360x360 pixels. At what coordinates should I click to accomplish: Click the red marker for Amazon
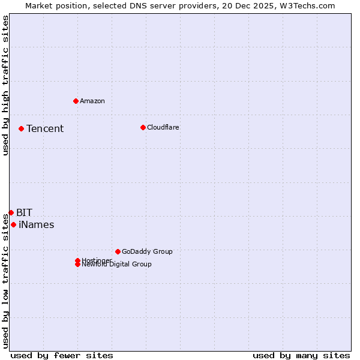(76, 101)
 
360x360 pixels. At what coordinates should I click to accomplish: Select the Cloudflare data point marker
(143, 127)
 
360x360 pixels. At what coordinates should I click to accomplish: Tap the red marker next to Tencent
(21, 128)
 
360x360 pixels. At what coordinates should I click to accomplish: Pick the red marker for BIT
(11, 212)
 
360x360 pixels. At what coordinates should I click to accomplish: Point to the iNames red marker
(13, 224)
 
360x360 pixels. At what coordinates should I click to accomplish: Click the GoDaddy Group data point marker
(118, 251)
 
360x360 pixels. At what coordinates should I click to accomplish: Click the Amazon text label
(92, 101)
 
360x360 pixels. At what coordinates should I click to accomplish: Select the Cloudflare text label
(163, 127)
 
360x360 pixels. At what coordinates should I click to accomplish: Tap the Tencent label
(45, 128)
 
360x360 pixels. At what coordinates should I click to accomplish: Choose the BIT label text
(25, 212)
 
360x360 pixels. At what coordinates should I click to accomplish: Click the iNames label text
(37, 225)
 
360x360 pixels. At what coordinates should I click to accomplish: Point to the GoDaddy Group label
(147, 251)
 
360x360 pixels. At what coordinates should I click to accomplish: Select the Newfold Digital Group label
(117, 265)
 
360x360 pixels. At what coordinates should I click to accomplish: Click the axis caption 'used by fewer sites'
(62, 355)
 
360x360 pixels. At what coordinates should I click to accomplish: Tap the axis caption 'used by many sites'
(301, 355)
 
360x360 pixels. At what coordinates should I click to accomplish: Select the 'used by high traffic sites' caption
(6, 85)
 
